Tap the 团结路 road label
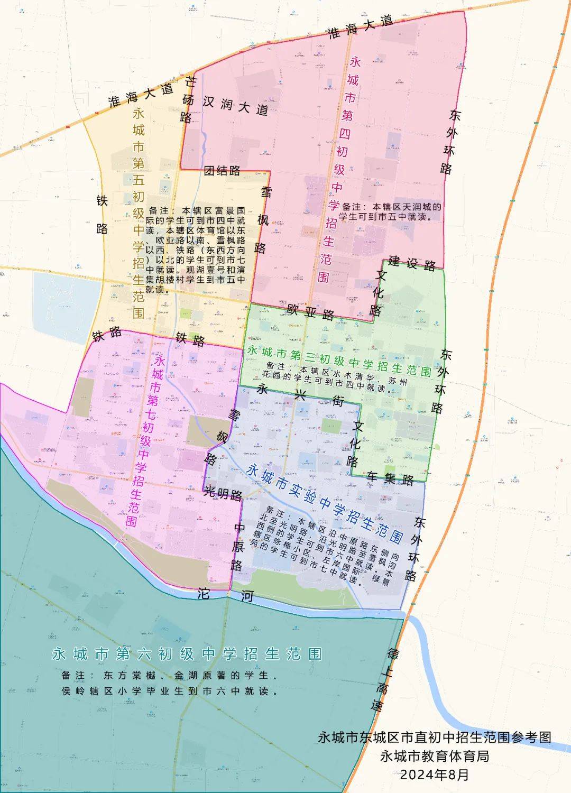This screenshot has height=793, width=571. [222, 170]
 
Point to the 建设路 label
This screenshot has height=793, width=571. [412, 262]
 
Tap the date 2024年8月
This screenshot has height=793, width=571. [434, 774]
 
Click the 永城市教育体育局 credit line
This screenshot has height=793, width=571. [434, 756]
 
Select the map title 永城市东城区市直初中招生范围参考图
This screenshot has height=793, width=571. [434, 737]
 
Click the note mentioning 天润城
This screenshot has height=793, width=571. [391, 211]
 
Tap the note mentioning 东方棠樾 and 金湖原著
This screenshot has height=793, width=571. [170, 683]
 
